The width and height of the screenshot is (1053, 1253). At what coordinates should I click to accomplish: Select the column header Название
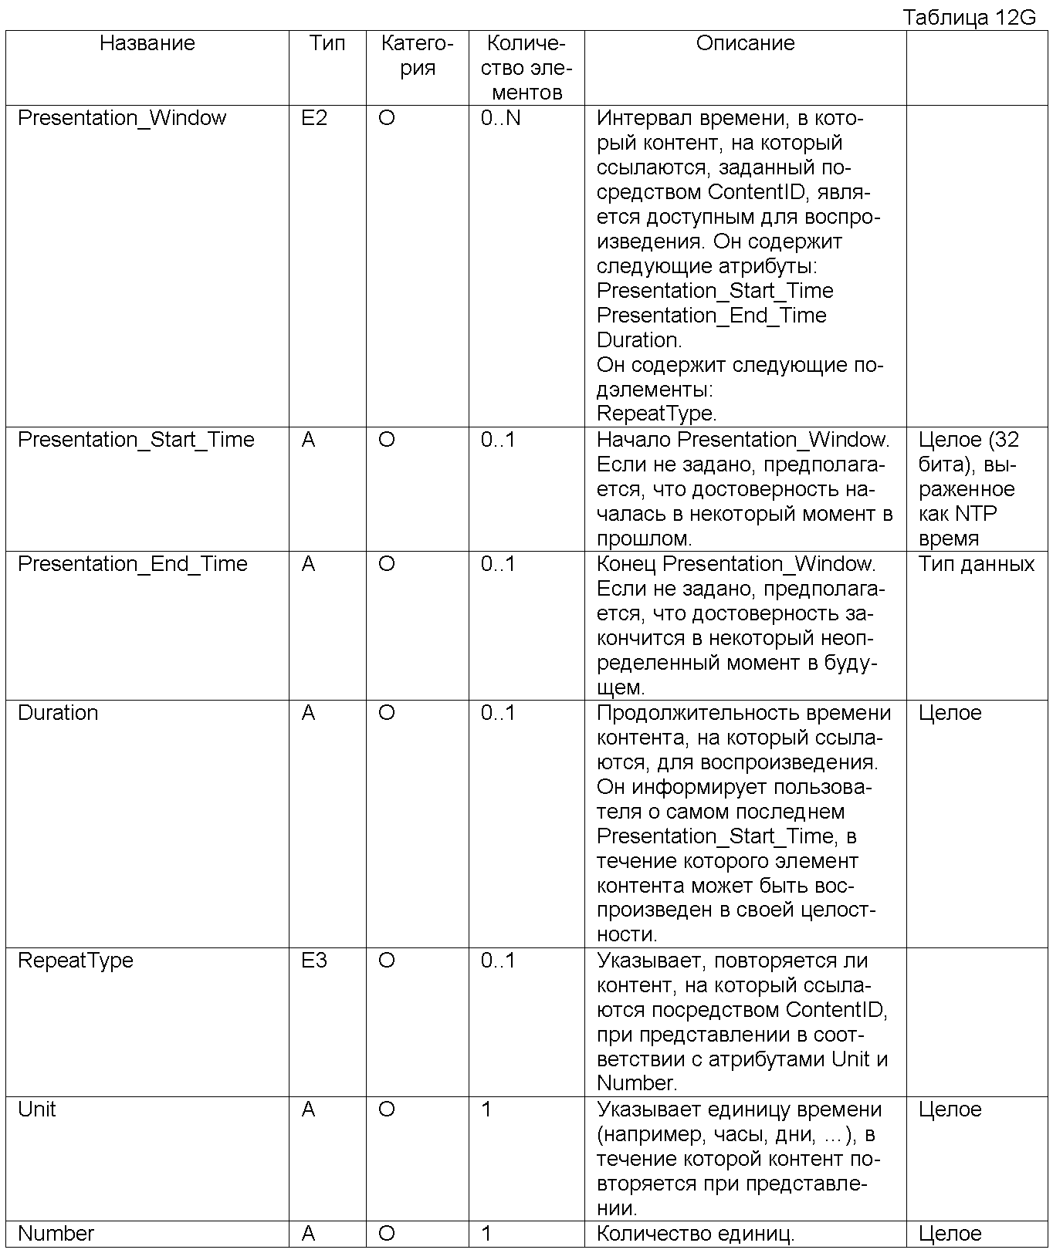147,43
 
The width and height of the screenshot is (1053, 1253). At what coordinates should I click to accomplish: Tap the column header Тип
327,43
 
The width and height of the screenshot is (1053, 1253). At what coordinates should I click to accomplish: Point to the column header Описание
745,43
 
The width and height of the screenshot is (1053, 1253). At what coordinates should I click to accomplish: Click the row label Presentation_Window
122,118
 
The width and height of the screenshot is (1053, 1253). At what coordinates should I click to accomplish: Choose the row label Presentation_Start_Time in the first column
136,440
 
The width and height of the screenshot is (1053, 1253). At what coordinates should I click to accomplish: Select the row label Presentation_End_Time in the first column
133,564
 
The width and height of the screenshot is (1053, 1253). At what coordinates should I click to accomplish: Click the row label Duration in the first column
58,713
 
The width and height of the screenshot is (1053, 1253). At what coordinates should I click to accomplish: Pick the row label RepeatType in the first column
76,961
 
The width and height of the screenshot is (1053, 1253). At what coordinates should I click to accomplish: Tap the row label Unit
37,1109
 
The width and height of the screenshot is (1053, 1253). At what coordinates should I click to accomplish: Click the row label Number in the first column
56,1234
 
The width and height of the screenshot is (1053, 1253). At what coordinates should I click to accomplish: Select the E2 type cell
314,118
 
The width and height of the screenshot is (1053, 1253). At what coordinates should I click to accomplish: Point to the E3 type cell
314,961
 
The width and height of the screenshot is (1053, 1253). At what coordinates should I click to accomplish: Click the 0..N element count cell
500,118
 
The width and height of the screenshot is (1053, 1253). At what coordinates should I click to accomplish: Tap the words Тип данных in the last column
976,564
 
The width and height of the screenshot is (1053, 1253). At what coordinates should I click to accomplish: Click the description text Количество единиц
696,1234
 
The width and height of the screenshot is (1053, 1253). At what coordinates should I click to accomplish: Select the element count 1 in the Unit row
486,1109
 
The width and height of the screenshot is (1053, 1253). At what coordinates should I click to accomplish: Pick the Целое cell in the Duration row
950,713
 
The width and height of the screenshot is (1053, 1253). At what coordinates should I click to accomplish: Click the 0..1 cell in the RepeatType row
497,961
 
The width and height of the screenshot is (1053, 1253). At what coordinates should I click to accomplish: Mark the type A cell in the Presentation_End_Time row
309,564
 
